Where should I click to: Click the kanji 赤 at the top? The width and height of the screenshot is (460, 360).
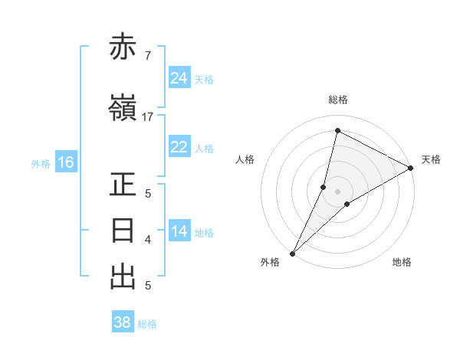pos(123,48)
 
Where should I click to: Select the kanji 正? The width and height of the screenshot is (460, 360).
pos(123,185)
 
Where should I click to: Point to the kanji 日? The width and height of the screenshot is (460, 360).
pos(123,231)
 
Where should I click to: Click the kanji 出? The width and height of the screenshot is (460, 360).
pos(123,277)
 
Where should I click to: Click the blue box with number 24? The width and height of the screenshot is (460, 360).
pos(179,77)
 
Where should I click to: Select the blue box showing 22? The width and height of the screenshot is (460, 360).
pos(179,147)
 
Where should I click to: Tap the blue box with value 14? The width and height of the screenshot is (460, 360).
pos(179,231)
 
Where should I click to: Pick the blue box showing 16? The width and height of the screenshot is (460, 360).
pos(66,162)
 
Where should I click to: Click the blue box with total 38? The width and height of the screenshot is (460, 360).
pos(123,322)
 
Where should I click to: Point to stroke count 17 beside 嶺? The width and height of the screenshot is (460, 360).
pos(148,117)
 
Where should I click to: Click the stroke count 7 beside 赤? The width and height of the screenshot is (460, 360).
pos(147,56)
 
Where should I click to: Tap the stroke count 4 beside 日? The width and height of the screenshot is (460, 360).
pos(147,240)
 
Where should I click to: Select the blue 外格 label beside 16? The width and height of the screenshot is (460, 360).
pos(41,163)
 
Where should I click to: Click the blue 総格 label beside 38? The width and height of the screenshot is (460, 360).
pos(147,324)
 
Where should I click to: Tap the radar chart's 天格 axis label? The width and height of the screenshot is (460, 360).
pos(431,159)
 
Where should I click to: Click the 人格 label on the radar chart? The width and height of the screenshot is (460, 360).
pos(245,159)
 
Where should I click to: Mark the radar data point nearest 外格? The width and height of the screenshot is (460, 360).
pos(292,253)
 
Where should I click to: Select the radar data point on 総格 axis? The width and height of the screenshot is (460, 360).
pos(337,131)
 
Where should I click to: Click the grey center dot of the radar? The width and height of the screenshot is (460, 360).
pos(337,191)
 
